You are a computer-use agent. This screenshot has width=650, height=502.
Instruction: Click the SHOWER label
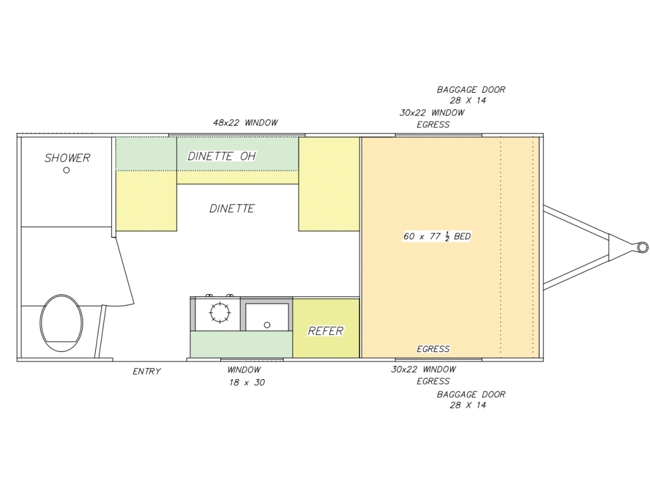pyautogui.click(x=67, y=158)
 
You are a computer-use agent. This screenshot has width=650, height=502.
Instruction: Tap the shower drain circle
pyautogui.click(x=67, y=170)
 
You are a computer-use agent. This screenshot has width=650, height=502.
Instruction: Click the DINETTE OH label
pyautogui.click(x=222, y=156)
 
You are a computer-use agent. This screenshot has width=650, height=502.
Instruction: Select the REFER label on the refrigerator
pyautogui.click(x=326, y=331)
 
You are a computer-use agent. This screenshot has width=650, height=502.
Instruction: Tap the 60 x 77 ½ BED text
pyautogui.click(x=437, y=236)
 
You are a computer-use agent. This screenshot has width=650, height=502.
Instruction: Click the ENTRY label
pyautogui.click(x=147, y=372)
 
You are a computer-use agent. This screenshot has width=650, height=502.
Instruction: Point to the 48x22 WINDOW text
pyautogui.click(x=245, y=123)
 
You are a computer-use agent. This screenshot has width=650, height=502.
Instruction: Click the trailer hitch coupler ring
pyautogui.click(x=642, y=247)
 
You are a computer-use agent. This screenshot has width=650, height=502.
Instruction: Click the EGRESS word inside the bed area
pyautogui.click(x=434, y=349)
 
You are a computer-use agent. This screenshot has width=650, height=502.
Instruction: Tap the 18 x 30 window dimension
pyautogui.click(x=247, y=383)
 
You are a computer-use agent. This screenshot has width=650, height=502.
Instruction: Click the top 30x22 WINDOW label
pyautogui.click(x=432, y=112)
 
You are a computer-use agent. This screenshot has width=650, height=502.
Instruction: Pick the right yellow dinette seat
pyautogui.click(x=329, y=184)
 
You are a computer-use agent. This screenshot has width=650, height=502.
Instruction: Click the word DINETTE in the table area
pyautogui.click(x=232, y=208)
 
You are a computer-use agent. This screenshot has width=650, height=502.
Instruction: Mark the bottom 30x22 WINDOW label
pyautogui.click(x=423, y=369)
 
